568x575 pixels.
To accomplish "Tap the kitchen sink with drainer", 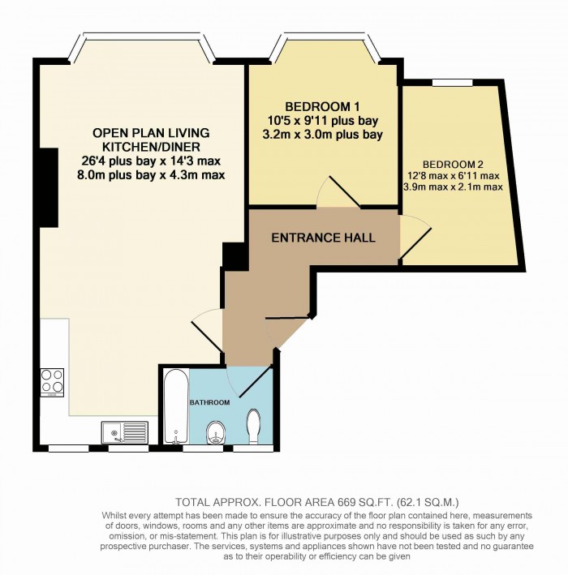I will pos(125,432).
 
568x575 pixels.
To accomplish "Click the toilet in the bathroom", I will pos(253,425).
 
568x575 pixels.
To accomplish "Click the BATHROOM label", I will pos(209,402).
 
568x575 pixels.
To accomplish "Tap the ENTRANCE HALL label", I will pos(323,238).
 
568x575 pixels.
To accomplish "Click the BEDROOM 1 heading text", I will pos(322,107).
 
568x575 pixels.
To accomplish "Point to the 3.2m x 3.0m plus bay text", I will pos(322,135).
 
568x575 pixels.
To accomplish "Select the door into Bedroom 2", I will pos(415,240).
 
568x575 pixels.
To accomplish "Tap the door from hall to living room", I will pos(206,330).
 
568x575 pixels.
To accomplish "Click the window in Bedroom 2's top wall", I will pos(452,82).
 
